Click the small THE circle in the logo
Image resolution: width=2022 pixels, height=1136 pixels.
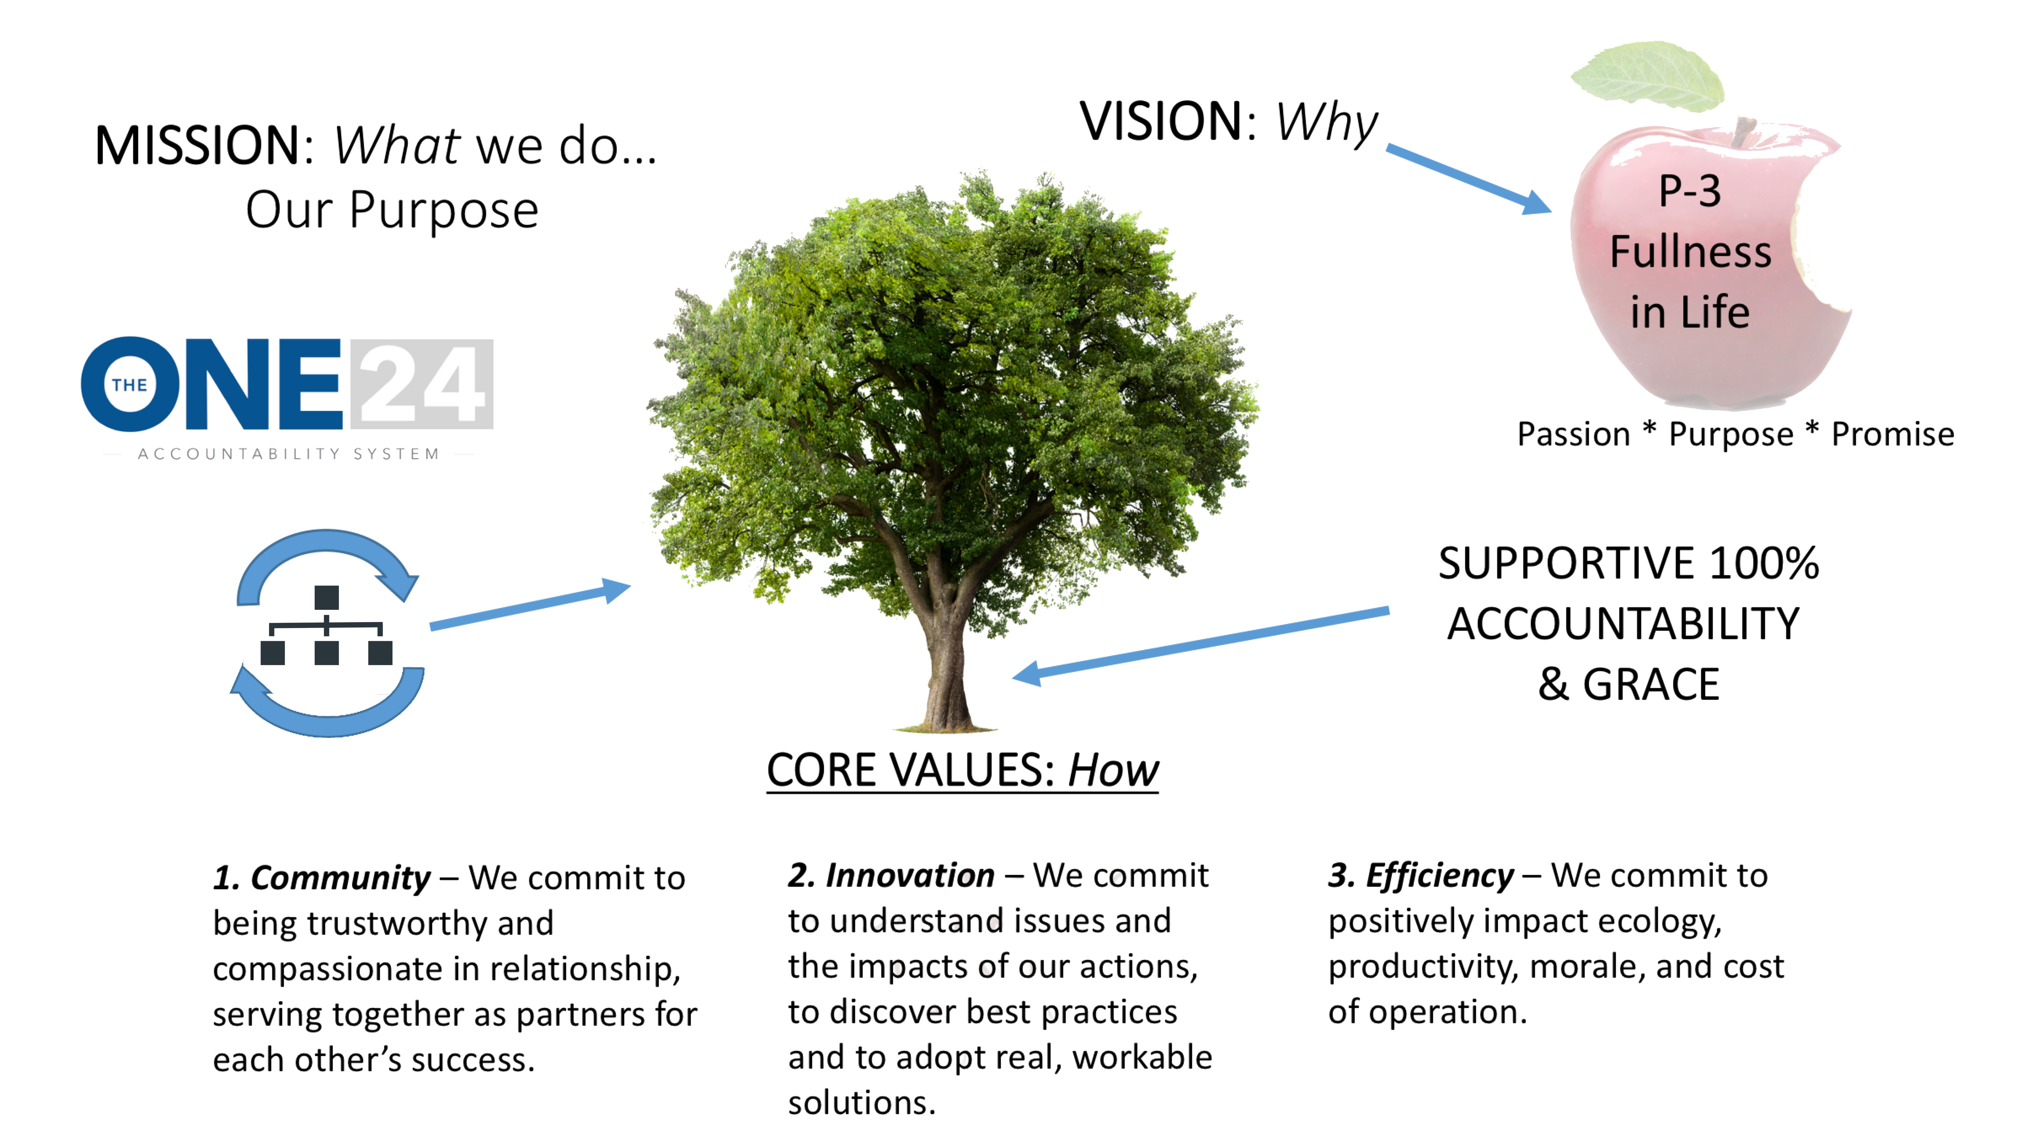tap(129, 384)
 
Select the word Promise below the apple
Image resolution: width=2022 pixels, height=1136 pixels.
tap(1893, 434)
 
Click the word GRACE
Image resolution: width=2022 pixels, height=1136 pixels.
tap(1651, 684)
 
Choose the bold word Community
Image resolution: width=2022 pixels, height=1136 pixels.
tap(340, 878)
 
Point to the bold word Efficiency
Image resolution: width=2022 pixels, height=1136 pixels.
tap(1439, 876)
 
